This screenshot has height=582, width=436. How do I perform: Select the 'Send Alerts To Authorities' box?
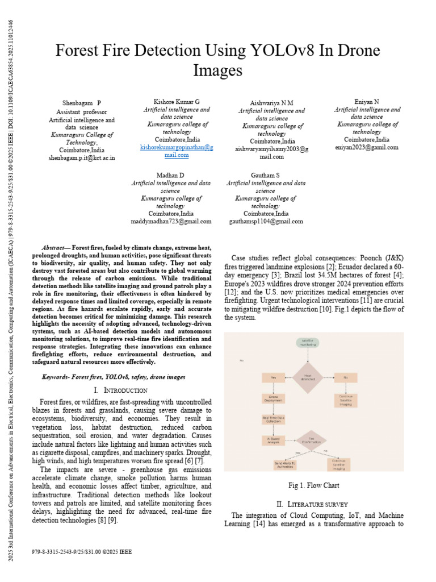point(285,465)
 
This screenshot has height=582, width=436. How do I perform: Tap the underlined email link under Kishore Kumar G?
point(177,151)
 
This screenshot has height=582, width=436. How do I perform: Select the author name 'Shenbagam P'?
point(81,103)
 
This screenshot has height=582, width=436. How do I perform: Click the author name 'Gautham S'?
point(265,175)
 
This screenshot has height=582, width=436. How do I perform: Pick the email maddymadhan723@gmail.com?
point(171,222)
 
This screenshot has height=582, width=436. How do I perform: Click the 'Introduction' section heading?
point(120,390)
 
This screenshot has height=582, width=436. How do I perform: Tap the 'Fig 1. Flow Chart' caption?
point(314,485)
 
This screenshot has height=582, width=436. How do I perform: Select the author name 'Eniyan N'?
point(367,102)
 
